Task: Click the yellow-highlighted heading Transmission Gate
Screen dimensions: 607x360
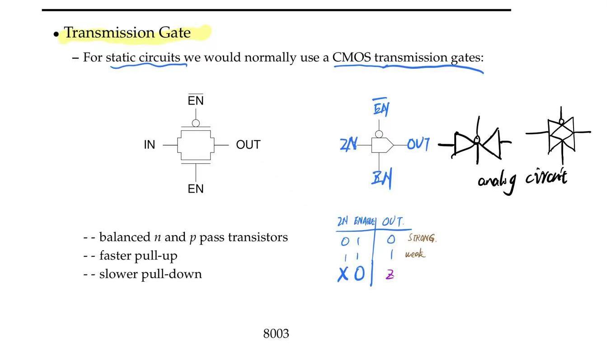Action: [127, 33]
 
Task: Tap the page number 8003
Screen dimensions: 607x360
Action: [276, 334]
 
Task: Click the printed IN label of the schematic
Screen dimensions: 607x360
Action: [149, 145]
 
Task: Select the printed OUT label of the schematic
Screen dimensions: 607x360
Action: [248, 145]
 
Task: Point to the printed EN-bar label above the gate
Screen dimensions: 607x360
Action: [196, 100]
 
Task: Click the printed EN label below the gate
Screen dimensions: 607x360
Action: [196, 189]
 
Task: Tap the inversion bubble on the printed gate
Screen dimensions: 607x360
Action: [196, 123]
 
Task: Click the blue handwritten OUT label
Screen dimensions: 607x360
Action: [418, 144]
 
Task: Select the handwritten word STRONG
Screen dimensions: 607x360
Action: [422, 238]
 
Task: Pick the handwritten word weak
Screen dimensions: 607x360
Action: [415, 254]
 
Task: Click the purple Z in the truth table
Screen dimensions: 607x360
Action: [390, 275]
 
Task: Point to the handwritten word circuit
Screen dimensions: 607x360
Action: [546, 177]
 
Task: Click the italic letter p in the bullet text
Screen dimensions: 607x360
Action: [193, 238]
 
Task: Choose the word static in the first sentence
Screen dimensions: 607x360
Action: [121, 58]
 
